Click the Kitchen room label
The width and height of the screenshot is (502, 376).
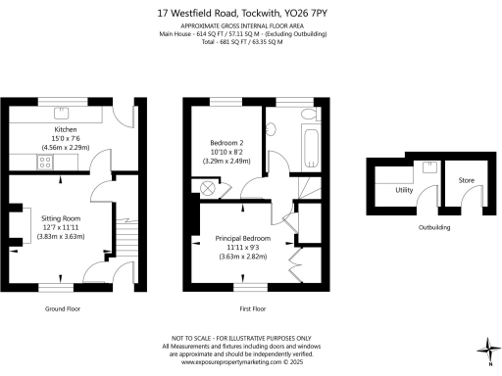point(65,128)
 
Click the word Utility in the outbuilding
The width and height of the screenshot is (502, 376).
point(403,191)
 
